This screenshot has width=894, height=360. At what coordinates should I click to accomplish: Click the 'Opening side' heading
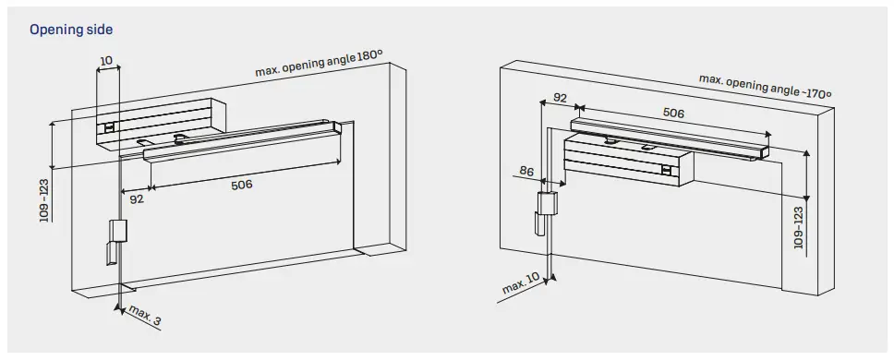coord(71,30)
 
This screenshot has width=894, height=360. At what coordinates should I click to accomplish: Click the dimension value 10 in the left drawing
coord(107,62)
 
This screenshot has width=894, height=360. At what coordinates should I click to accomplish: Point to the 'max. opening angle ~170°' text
coord(765,87)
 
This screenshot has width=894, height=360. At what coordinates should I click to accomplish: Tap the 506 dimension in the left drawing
coord(242,185)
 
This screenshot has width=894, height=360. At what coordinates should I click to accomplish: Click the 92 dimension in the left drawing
coord(137,198)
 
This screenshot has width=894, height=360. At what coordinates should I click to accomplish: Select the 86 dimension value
coord(527,170)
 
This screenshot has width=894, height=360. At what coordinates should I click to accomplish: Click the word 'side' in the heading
coord(98,30)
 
